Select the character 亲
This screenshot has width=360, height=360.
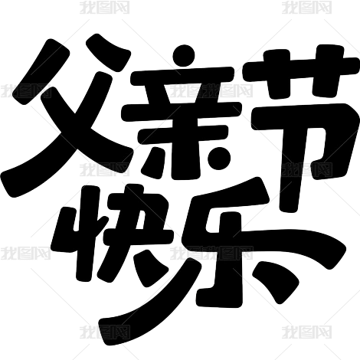[x=182, y=113]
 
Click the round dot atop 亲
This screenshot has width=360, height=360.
[x=184, y=56]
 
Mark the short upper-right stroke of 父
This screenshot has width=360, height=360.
[x=109, y=52]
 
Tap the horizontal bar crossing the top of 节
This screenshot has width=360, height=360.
[x=301, y=68]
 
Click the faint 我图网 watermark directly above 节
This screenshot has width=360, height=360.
[x=307, y=7]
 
